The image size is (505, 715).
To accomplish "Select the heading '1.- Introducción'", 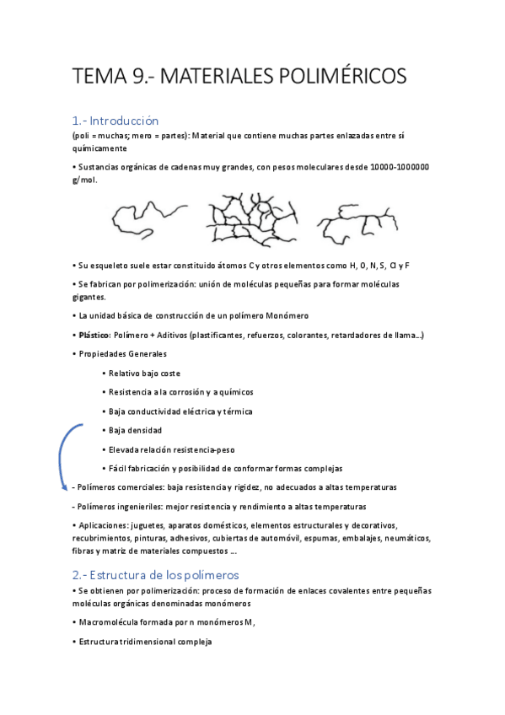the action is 116,121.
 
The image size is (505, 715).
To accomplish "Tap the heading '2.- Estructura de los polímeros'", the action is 155,574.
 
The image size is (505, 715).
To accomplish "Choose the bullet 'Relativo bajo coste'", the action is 145,373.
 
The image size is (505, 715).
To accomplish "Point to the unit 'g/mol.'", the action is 84,180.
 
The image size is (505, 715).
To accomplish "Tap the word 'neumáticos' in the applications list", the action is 406,538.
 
